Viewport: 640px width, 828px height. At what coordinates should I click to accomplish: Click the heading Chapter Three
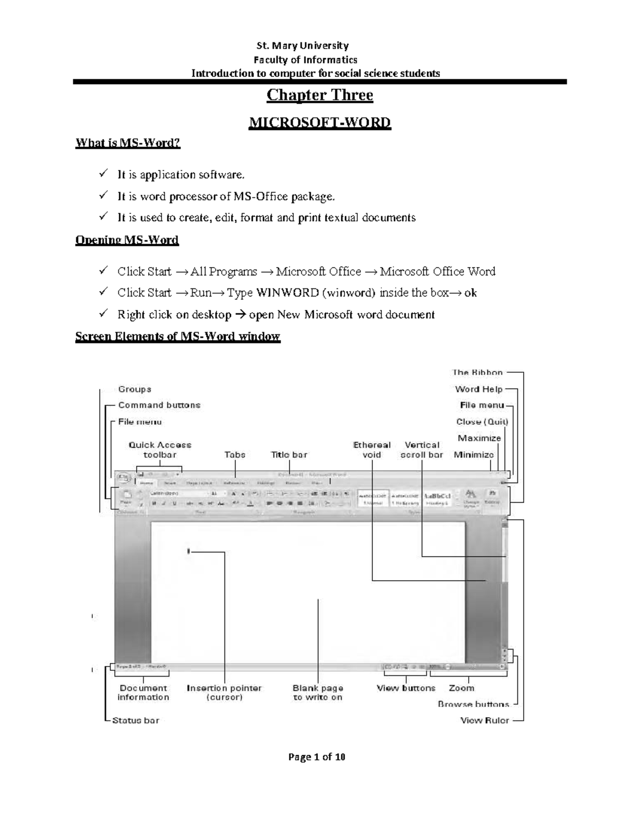(319, 95)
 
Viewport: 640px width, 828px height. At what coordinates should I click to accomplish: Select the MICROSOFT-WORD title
(319, 123)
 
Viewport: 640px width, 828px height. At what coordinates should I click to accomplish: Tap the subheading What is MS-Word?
(127, 143)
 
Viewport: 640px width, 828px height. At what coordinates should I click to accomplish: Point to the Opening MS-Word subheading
(127, 240)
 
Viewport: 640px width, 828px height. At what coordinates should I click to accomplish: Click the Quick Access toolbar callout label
(159, 449)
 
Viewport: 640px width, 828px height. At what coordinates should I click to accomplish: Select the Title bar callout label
(289, 455)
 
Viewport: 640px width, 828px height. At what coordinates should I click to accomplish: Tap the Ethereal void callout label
(372, 449)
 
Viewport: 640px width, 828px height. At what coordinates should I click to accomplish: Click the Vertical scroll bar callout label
(421, 449)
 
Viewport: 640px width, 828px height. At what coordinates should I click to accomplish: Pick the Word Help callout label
(478, 389)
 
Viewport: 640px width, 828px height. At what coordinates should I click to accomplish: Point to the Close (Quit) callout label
(482, 422)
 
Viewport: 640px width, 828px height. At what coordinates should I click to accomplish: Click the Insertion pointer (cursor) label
(224, 693)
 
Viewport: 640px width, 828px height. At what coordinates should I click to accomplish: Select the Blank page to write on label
(318, 693)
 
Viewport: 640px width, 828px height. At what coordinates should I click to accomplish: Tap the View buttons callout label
(406, 688)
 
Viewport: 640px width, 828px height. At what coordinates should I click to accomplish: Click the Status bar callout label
(135, 720)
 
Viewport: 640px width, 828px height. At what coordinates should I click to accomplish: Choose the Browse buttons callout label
(474, 704)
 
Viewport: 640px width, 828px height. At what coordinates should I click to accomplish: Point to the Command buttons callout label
(159, 405)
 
